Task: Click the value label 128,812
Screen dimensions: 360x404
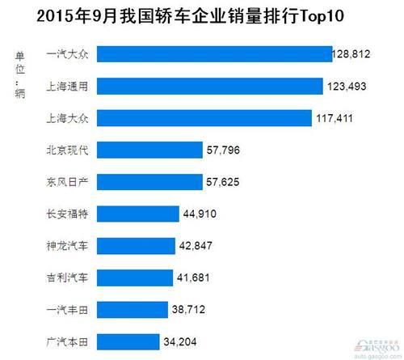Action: (x=356, y=54)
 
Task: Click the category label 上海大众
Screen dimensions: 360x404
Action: (x=72, y=118)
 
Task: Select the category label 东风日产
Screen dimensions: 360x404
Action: (x=72, y=182)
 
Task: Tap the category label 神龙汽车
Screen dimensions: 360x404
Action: (x=72, y=245)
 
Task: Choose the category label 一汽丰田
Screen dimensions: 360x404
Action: (x=72, y=309)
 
